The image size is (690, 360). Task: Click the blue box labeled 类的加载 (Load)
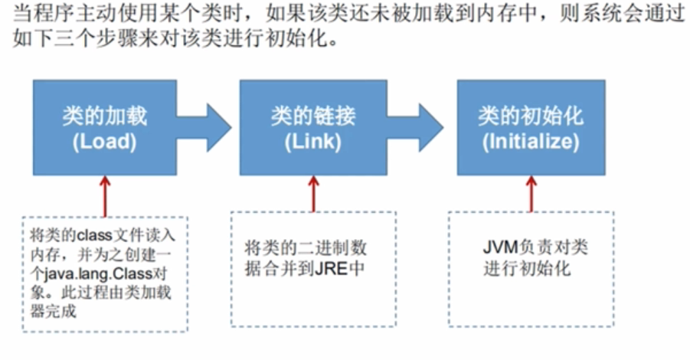pos(105,127)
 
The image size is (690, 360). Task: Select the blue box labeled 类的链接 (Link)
pos(312,127)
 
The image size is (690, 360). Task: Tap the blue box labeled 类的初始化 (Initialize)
pos(531,127)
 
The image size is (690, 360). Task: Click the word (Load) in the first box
pos(105,142)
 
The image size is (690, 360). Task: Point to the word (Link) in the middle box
pos(312,142)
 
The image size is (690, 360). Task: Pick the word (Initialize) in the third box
pos(531,142)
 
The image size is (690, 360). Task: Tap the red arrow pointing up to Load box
pos(104,194)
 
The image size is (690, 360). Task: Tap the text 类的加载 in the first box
pos(105,116)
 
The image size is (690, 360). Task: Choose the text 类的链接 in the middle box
pos(312,116)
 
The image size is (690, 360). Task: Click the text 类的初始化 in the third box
pos(531,116)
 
